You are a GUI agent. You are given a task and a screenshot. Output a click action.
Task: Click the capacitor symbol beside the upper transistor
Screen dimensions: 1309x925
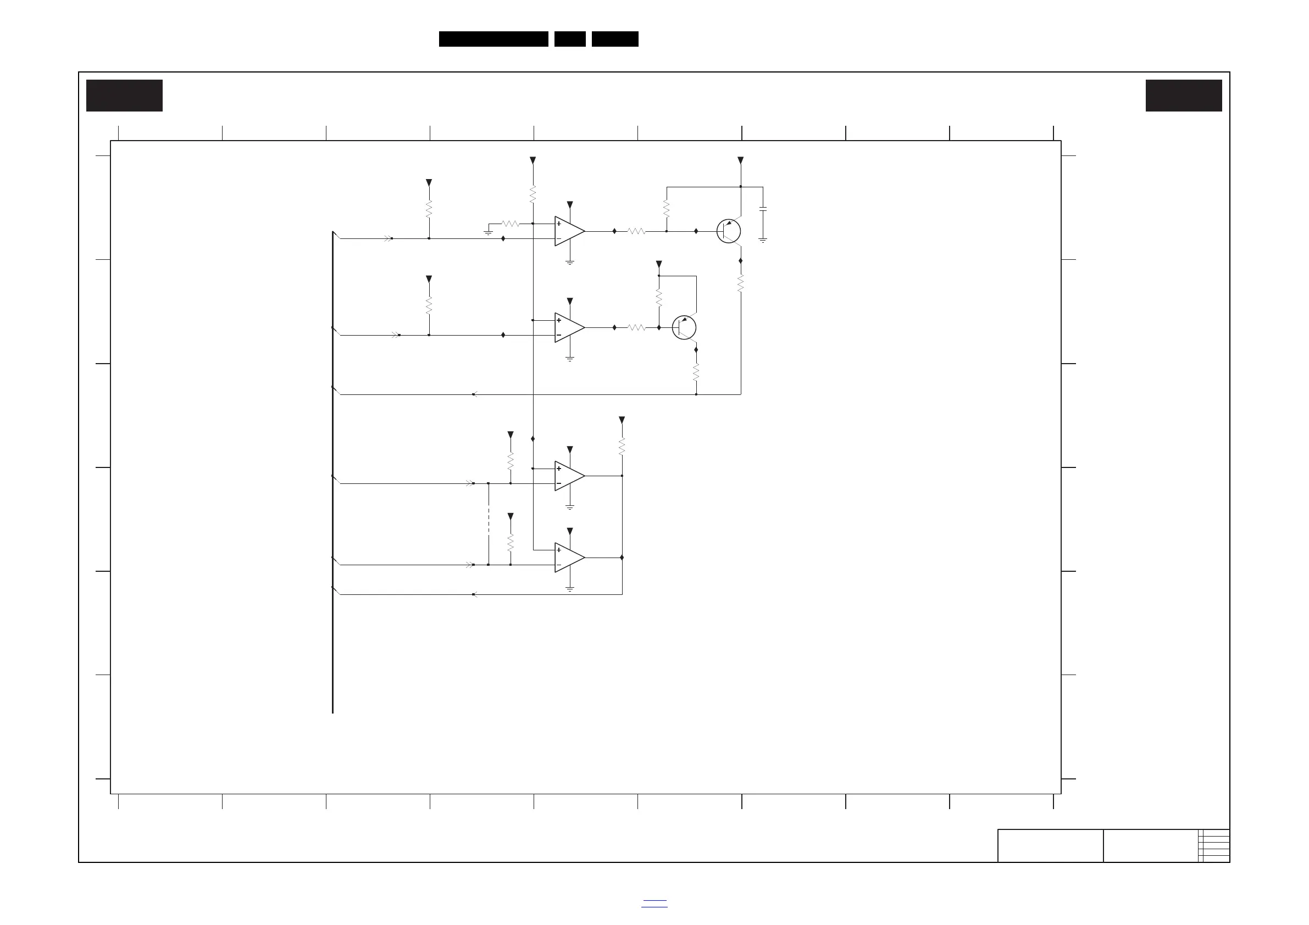click(x=763, y=209)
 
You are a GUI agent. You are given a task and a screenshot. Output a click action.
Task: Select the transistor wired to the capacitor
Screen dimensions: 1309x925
click(x=728, y=231)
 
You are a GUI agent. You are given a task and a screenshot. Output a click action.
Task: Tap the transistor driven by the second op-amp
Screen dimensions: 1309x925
click(x=684, y=328)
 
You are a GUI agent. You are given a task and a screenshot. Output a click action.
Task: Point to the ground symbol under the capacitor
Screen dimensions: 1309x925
click(x=763, y=240)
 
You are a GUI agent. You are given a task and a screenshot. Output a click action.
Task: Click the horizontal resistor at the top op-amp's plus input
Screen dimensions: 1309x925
click(x=511, y=224)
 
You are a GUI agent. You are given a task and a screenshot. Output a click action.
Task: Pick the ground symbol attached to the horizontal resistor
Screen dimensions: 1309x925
click(x=489, y=232)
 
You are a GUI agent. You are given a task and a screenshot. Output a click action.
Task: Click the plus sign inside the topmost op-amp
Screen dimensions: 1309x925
click(x=559, y=224)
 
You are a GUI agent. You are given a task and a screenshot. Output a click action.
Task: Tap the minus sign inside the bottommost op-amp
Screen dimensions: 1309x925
click(x=559, y=565)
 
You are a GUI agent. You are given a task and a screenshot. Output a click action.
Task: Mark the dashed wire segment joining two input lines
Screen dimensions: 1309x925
click(x=489, y=524)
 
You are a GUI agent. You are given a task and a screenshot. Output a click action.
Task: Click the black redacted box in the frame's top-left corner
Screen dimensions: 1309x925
click(x=124, y=96)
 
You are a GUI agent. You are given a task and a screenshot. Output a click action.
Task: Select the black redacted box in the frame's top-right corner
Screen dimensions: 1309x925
click(x=1184, y=96)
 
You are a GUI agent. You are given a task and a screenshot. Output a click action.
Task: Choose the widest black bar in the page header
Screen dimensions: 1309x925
click(x=493, y=39)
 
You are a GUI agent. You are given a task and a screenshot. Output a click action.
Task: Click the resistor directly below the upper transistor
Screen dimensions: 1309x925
click(x=741, y=283)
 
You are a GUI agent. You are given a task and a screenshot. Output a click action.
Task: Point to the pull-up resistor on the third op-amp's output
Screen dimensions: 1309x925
click(x=622, y=446)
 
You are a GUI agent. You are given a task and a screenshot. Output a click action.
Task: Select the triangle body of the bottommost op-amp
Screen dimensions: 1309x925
click(x=568, y=558)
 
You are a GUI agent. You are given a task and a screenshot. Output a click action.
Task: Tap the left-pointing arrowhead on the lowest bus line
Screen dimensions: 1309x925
click(x=474, y=594)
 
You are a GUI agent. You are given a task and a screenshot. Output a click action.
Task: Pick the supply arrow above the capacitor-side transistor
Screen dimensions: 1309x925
click(x=741, y=161)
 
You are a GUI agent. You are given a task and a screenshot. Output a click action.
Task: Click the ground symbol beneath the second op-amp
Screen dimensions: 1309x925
click(x=569, y=359)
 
